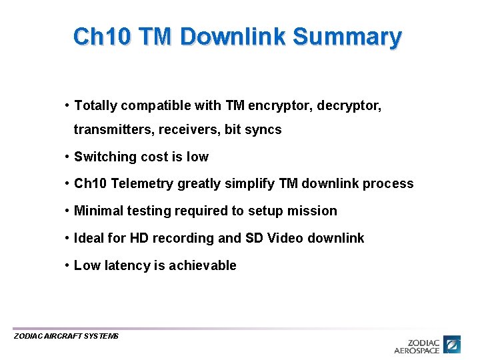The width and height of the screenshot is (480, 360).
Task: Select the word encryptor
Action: (x=279, y=105)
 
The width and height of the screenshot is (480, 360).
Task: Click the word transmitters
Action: (x=113, y=130)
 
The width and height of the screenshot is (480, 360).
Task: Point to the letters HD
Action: (x=139, y=239)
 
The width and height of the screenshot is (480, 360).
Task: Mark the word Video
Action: (x=285, y=239)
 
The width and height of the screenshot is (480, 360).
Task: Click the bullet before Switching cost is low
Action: (x=68, y=157)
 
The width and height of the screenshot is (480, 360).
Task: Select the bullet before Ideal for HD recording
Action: (x=68, y=239)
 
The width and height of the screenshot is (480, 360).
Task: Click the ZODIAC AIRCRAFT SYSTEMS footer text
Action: (x=66, y=337)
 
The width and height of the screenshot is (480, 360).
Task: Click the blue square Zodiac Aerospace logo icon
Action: (x=453, y=344)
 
